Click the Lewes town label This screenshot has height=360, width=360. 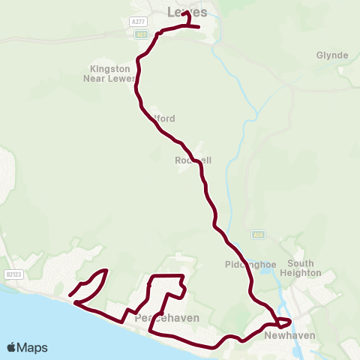[187, 11]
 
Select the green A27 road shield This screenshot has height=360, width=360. [141, 34]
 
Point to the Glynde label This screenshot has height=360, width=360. [331, 55]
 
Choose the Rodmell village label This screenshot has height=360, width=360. [192, 160]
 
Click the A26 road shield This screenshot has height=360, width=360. [259, 234]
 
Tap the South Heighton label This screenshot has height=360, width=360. [301, 268]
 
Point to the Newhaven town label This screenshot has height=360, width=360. [289, 335]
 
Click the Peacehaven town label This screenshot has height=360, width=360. [166, 318]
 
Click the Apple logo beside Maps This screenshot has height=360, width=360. [11, 347]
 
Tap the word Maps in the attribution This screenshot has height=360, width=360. [32, 347]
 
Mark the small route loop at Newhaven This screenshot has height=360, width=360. [281, 322]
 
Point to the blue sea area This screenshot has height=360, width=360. [45, 322]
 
